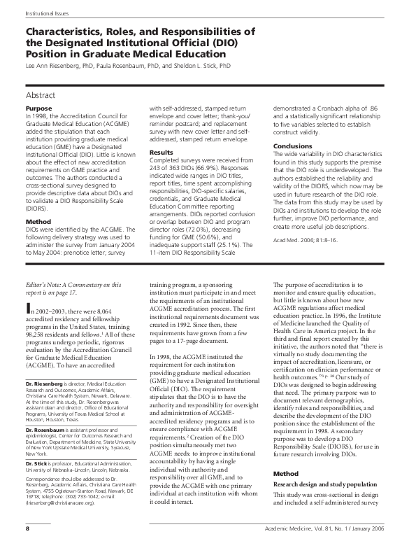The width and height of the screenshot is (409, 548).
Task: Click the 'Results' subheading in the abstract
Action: (162, 152)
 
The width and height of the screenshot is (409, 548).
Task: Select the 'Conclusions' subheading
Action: (294, 146)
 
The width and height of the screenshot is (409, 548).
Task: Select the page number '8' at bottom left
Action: (27, 537)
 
